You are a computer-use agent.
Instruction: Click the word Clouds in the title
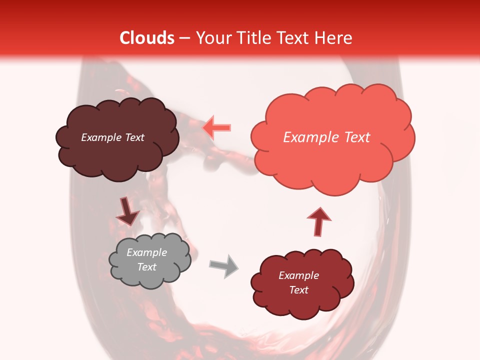click(x=147, y=38)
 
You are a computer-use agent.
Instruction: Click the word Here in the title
click(x=334, y=38)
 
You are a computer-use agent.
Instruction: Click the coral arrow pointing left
click(x=217, y=128)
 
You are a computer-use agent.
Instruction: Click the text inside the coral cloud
click(x=326, y=137)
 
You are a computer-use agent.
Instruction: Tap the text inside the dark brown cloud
click(x=112, y=137)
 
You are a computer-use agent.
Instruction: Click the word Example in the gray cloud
click(x=146, y=252)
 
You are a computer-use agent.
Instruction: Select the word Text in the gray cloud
click(x=146, y=267)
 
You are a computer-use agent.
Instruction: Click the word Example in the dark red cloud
click(x=298, y=275)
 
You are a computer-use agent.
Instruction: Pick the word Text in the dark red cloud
click(x=298, y=290)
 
